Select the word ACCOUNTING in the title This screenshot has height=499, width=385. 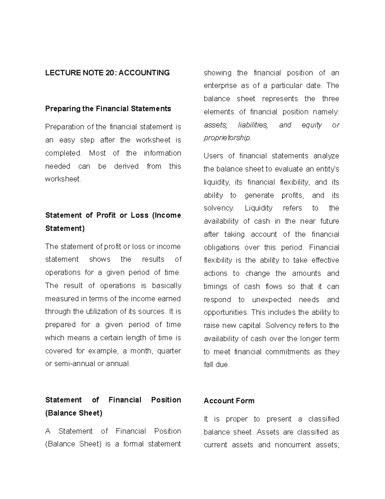pos(145,73)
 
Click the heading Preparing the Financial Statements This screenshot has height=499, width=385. pos(108,109)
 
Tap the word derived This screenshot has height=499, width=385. pos(126,166)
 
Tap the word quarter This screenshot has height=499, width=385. pos(169,351)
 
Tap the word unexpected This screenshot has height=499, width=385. pos(272,300)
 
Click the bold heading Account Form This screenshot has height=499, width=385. pos(229,401)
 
